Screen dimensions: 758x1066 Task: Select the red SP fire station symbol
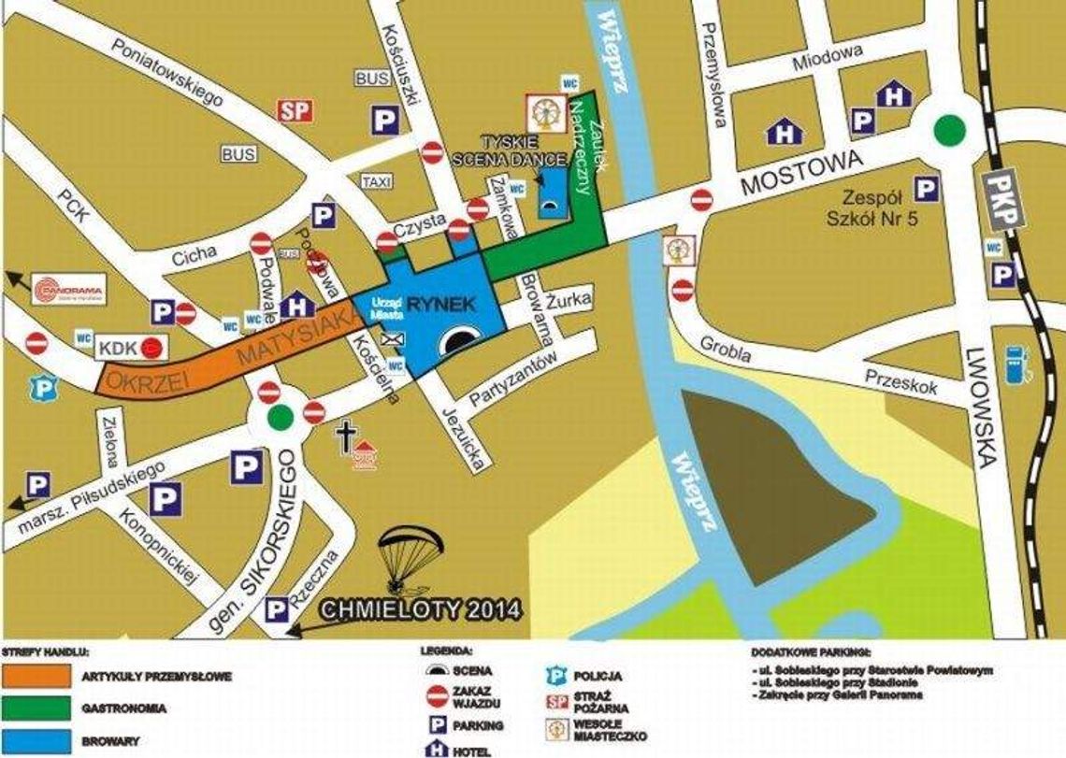(x=295, y=110)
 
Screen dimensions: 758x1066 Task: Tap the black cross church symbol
(x=346, y=437)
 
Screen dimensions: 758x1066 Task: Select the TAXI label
(x=376, y=181)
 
